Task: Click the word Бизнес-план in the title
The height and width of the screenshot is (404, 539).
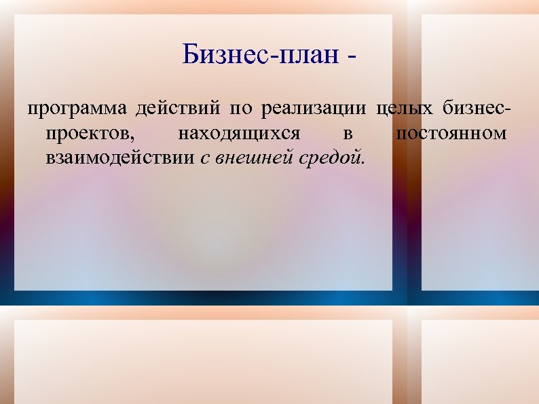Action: (261, 55)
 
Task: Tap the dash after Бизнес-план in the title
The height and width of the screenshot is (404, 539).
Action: (350, 58)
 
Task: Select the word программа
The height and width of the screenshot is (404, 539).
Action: (76, 109)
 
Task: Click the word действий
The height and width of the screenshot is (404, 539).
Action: (177, 109)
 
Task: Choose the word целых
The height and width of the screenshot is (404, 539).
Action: (405, 109)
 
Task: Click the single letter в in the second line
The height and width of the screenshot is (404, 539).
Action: (348, 134)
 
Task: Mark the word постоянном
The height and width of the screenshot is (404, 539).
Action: (451, 134)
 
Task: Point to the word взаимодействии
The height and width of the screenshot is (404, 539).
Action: (121, 159)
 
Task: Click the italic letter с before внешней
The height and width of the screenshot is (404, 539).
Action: (205, 160)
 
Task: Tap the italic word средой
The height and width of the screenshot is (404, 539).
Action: (329, 159)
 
